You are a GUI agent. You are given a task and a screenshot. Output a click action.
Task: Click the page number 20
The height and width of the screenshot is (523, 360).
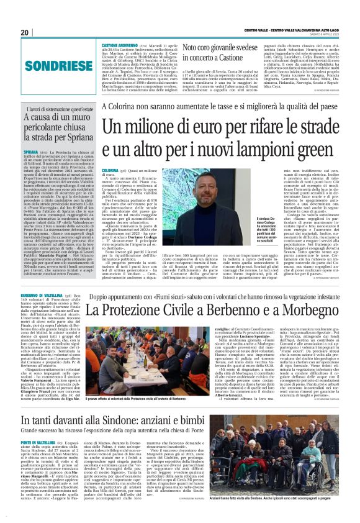tap(24, 32)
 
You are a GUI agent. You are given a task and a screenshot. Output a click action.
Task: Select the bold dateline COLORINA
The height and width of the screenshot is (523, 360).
tap(110, 170)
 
